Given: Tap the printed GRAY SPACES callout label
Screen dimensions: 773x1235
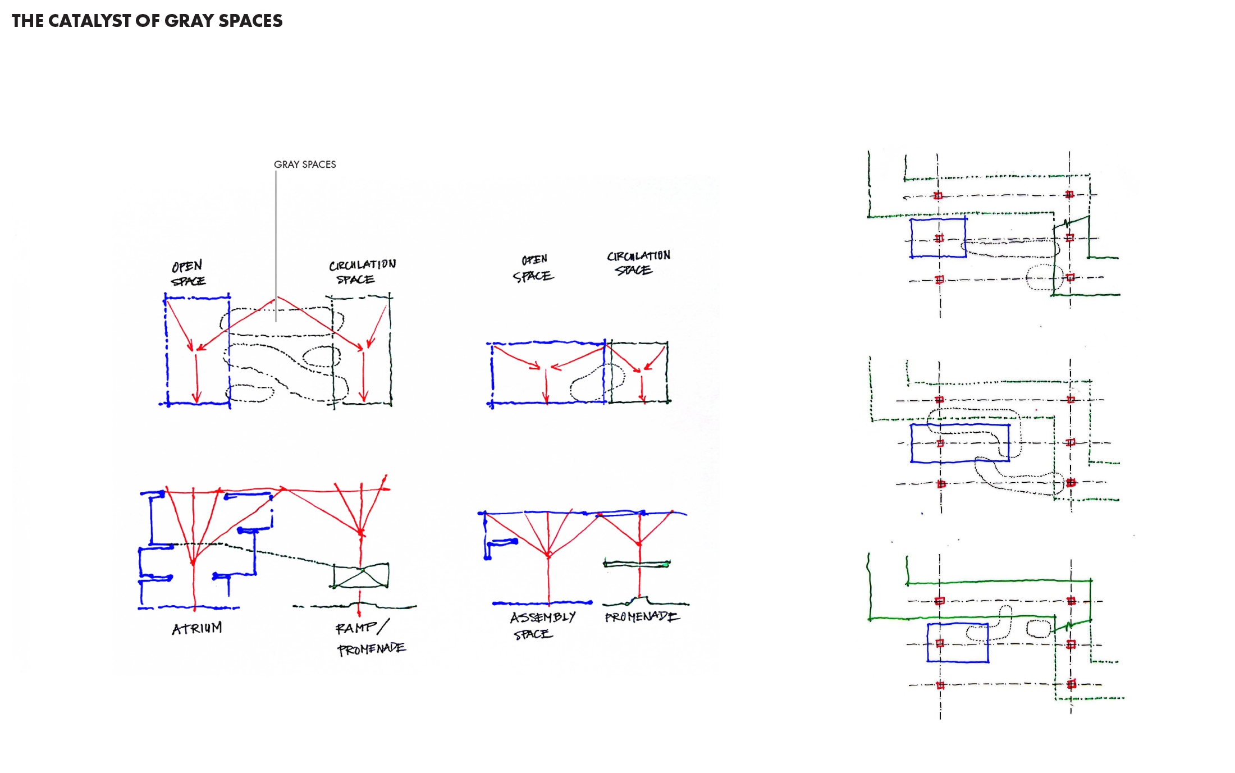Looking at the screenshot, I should [x=305, y=164].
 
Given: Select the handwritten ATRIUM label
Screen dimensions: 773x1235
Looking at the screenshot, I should [x=196, y=628].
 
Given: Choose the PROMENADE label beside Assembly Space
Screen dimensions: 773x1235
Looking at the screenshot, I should [x=642, y=617].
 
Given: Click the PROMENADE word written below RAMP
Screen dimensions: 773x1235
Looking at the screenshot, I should [x=371, y=649].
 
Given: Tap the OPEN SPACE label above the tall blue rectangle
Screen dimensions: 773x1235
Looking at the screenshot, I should [x=188, y=273].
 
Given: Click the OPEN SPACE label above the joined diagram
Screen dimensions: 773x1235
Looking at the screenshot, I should [x=533, y=268].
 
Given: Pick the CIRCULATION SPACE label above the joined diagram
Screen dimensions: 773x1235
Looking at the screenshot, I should [x=638, y=263].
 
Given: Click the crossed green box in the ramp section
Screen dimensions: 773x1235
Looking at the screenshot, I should [x=360, y=576].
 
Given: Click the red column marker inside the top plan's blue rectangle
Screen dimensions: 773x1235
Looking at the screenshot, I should [x=939, y=239].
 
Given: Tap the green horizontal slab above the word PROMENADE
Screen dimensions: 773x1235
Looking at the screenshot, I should [x=637, y=564].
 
